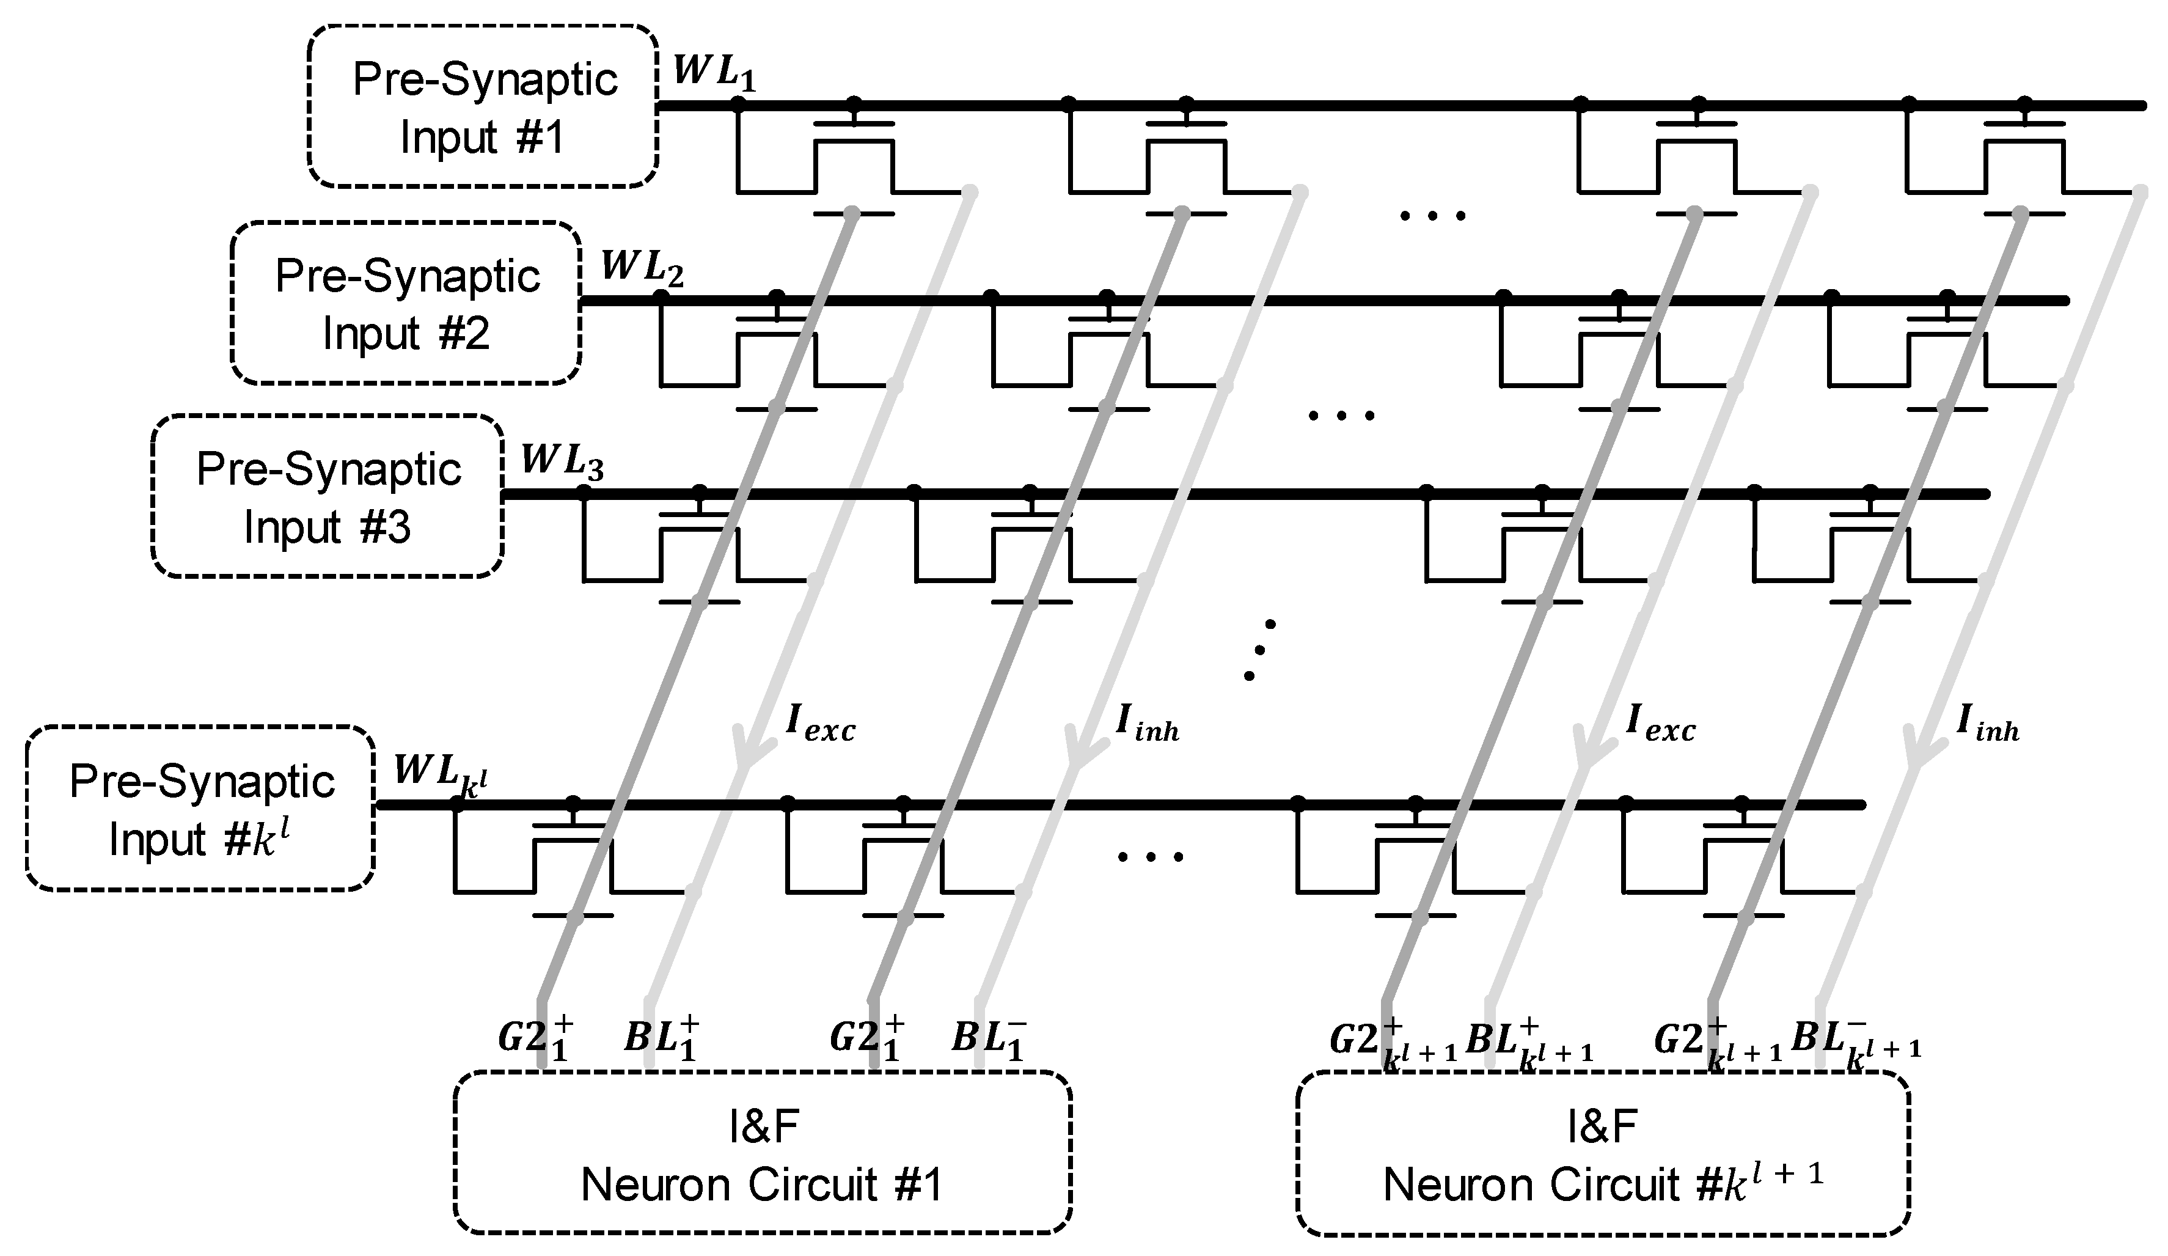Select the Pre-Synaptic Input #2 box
tap(406, 303)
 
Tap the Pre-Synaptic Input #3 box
tap(328, 496)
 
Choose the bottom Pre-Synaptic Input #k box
tap(200, 809)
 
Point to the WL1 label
tap(714, 72)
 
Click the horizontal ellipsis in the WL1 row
tap(1432, 216)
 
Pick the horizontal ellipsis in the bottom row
tap(1150, 856)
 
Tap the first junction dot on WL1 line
tap(738, 105)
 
